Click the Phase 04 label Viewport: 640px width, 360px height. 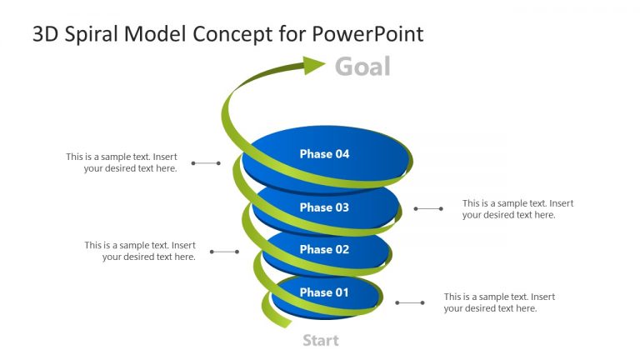(x=324, y=154)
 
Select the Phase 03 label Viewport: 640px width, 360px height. (x=324, y=207)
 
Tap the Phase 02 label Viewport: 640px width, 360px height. (x=324, y=249)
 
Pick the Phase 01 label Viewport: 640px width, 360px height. (x=324, y=292)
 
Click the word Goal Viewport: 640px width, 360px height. (x=362, y=67)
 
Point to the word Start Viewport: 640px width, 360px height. (x=320, y=340)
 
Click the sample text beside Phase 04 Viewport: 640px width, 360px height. (x=122, y=162)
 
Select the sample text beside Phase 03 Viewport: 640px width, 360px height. (x=517, y=209)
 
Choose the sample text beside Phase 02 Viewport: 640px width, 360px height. (x=140, y=251)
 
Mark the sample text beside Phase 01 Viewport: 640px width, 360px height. (x=499, y=302)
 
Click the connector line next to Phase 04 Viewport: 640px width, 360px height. (x=206, y=163)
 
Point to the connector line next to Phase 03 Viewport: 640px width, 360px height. (x=428, y=208)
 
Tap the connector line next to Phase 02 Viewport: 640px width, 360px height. (x=224, y=251)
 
